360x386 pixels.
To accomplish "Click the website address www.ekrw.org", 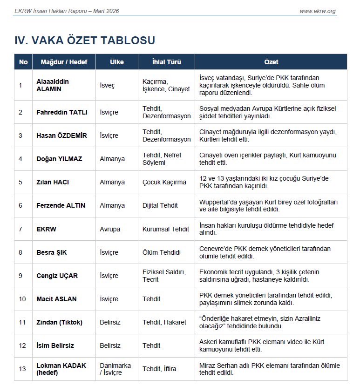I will pos(317,11).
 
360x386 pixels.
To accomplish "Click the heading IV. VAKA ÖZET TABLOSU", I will pos(85,41).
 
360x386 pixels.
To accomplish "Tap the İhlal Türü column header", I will pos(166,62).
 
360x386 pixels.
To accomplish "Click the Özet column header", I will pos(271,62).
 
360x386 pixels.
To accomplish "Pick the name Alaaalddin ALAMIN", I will pos(53,85).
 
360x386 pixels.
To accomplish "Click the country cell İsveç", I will pos(107,85).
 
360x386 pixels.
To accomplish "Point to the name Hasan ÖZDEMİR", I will pos(61,135).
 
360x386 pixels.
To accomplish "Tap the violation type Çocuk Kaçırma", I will pos(164,182).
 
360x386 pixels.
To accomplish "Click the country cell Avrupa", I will pos(110,229).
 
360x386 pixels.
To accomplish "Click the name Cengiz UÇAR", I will pos(57,276).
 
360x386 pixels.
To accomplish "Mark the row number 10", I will pos(22,299).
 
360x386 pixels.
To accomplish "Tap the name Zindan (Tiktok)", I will pos(60,322).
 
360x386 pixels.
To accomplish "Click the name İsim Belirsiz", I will pos(55,345).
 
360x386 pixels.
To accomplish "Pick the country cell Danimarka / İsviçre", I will pos(115,369).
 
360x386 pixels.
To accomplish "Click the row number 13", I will pos(22,369).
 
